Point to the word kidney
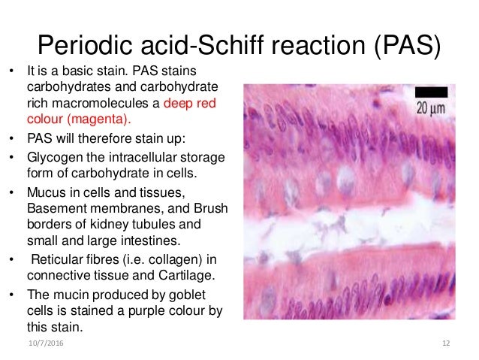[118, 224]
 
